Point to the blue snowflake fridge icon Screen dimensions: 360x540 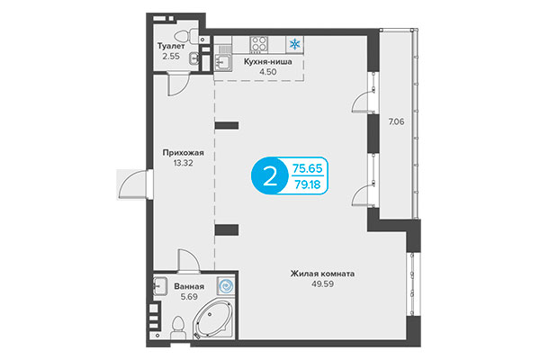293,43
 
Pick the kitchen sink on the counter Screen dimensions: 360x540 222,61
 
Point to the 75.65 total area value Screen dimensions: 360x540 309,166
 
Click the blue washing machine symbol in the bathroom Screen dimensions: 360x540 225,285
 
